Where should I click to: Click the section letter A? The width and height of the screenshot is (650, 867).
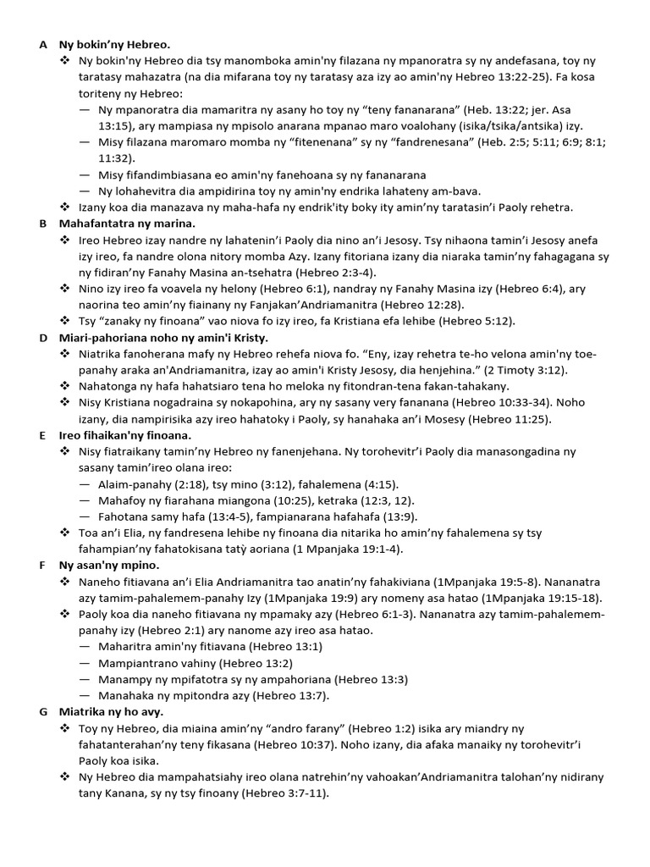(42, 44)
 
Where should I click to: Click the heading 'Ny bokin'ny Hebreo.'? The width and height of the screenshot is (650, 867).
(114, 44)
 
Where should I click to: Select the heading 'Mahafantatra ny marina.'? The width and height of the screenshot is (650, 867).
(127, 224)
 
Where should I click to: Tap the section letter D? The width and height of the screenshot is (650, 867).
(42, 338)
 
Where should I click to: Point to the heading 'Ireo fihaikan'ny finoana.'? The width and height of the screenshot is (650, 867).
(125, 435)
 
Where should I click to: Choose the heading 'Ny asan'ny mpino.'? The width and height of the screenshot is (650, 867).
(109, 565)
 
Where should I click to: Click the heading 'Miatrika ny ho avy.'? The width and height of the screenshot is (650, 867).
(111, 712)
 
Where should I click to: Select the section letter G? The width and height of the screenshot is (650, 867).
(42, 712)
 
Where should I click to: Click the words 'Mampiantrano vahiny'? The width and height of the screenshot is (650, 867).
(153, 663)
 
